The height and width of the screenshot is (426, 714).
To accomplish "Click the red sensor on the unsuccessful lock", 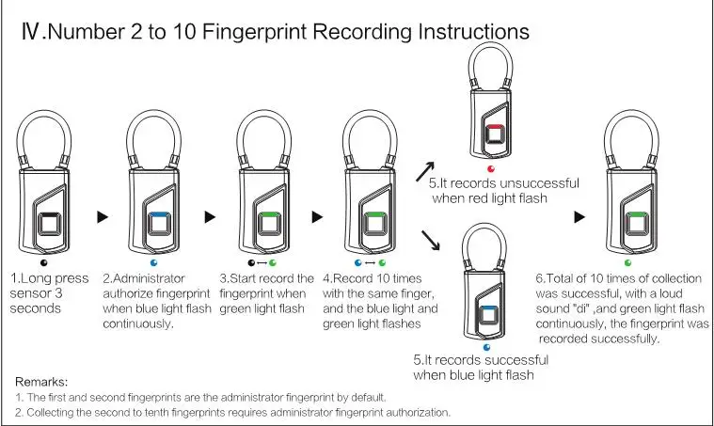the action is pyautogui.click(x=495, y=134).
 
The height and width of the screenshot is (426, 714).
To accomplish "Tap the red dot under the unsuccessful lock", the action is pyautogui.click(x=491, y=169).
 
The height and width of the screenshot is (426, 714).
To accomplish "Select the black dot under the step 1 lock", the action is pyautogui.click(x=43, y=262).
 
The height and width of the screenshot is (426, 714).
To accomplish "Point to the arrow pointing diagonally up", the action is pyautogui.click(x=425, y=171).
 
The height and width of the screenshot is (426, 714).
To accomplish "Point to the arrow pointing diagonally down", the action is pyautogui.click(x=430, y=241).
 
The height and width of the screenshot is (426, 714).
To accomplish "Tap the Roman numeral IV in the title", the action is pyautogui.click(x=30, y=32).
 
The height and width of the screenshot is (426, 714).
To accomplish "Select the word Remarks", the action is pyautogui.click(x=41, y=382).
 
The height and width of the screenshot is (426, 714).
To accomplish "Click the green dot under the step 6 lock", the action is pyautogui.click(x=628, y=262).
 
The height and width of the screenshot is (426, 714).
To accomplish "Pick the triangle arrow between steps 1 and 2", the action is pyautogui.click(x=103, y=217).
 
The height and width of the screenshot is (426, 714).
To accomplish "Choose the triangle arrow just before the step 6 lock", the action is pyautogui.click(x=579, y=217).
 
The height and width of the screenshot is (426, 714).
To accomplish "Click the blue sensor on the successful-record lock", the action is pyautogui.click(x=487, y=315).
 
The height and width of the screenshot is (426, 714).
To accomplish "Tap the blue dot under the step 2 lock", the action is pyautogui.click(x=154, y=262).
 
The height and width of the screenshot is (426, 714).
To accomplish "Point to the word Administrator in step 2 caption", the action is pyautogui.click(x=143, y=278).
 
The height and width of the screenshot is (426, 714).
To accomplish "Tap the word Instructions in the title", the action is pyautogui.click(x=473, y=31).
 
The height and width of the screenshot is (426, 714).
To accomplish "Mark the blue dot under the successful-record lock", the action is pyautogui.click(x=486, y=348).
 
